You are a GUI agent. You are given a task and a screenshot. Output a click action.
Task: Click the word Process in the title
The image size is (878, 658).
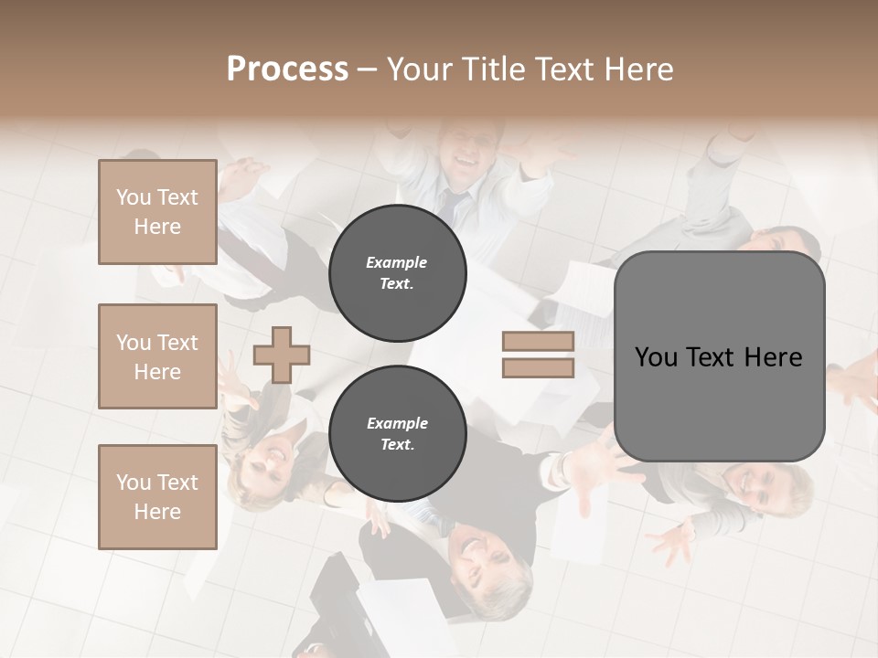(287, 69)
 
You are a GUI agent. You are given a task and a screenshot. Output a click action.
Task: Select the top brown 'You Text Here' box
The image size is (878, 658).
(157, 212)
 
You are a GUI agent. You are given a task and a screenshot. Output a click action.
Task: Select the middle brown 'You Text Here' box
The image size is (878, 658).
(157, 356)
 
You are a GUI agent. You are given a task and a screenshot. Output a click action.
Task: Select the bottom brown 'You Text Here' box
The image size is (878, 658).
(157, 496)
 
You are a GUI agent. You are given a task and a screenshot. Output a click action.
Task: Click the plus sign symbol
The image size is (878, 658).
(282, 354)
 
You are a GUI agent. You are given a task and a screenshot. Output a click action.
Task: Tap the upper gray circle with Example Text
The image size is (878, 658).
(397, 272)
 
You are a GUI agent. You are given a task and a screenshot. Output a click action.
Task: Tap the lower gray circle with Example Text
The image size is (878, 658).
(397, 433)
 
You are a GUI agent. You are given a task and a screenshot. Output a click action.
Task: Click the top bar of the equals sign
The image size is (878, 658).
(538, 342)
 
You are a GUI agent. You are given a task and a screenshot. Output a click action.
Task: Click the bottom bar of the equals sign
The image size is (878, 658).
(538, 367)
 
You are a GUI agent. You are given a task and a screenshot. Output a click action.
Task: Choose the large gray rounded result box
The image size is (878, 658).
(719, 356)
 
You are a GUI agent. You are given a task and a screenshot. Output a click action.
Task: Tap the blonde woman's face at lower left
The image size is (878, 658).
(272, 455)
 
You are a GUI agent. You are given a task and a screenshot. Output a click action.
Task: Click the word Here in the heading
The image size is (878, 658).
(637, 69)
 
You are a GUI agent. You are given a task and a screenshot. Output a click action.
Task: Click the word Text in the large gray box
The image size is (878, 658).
(717, 357)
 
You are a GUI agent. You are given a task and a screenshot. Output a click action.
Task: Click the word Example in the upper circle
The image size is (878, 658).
(397, 262)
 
